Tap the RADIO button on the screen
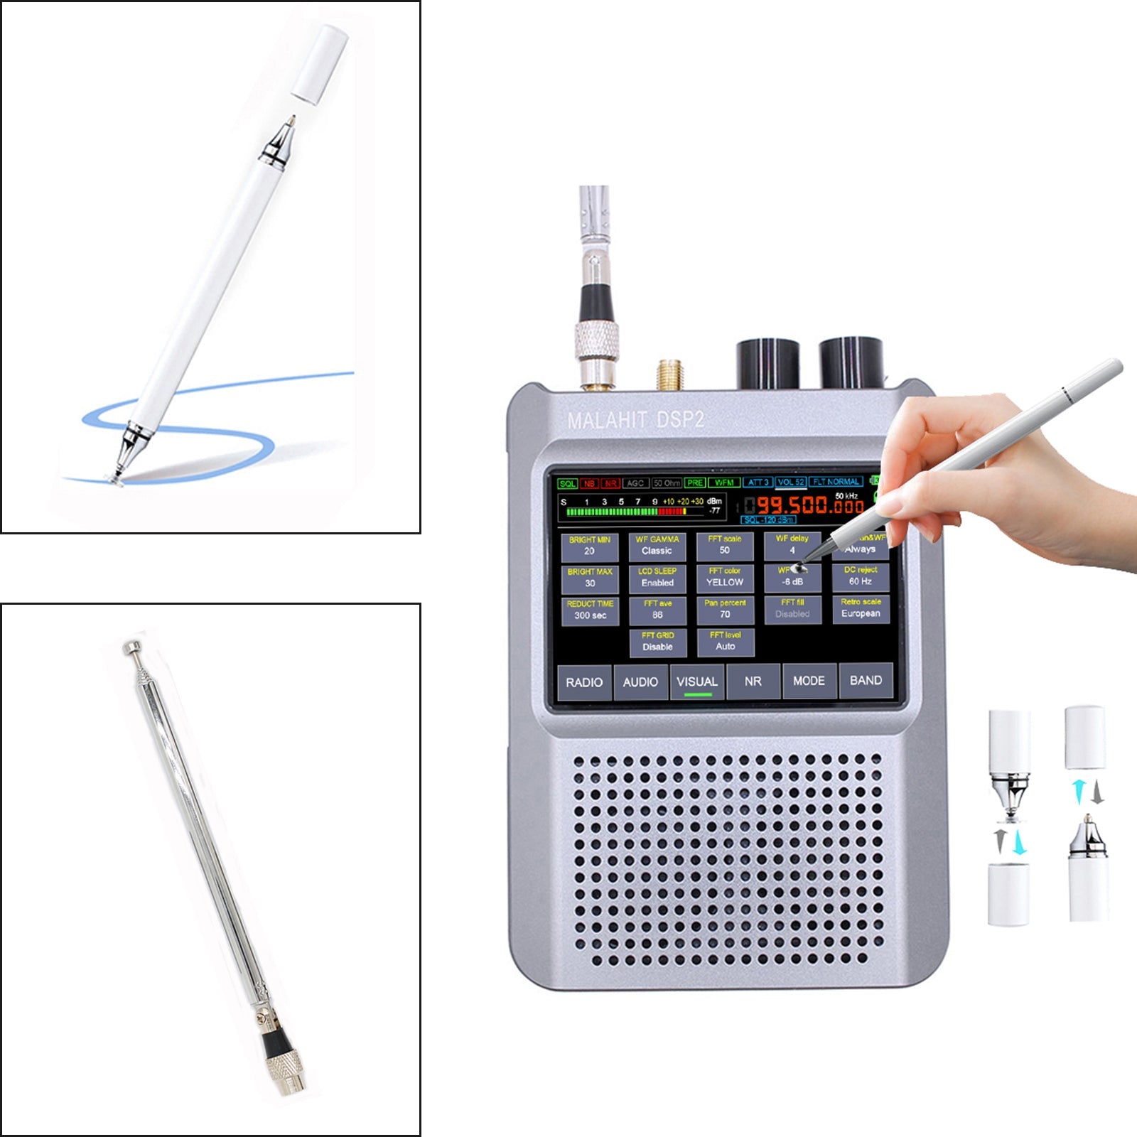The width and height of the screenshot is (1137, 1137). pyautogui.click(x=584, y=682)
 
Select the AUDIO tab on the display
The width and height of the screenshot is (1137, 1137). pyautogui.click(x=640, y=682)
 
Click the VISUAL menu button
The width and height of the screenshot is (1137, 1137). pyautogui.click(x=696, y=681)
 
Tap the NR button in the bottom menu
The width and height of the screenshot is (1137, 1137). pyautogui.click(x=753, y=681)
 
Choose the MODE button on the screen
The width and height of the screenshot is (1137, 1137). pyautogui.click(x=809, y=681)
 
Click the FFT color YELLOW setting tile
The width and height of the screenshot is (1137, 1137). pyautogui.click(x=725, y=577)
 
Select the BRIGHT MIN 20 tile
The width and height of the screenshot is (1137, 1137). pyautogui.click(x=589, y=546)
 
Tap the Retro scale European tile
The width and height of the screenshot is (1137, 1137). pyautogui.click(x=861, y=608)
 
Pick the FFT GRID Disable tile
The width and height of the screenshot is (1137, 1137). pyautogui.click(x=657, y=642)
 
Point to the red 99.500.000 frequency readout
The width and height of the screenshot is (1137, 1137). pyautogui.click(x=810, y=505)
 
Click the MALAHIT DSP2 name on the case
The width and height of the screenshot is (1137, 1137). pyautogui.click(x=635, y=420)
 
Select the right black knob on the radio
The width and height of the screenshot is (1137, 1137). pyautogui.click(x=851, y=363)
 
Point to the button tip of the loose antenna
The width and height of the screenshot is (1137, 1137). pyautogui.click(x=131, y=647)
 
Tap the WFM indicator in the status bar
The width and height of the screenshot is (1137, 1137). pyautogui.click(x=724, y=483)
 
